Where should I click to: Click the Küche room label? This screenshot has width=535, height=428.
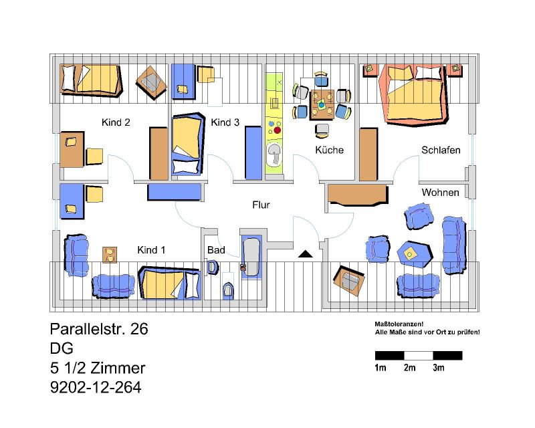pos(329,150)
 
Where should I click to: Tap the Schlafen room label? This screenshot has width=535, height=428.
pos(441,150)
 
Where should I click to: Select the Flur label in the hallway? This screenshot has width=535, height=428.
pos(261,205)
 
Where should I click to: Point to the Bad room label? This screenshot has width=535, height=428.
pos(216,250)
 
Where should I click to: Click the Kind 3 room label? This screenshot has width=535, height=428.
pos(225,122)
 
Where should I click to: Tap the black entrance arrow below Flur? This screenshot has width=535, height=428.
pos(306,253)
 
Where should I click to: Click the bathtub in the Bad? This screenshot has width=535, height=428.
pos(252,257)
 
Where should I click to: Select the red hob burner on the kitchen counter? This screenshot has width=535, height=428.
pos(278,130)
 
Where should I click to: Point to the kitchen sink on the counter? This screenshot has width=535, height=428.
pos(274,154)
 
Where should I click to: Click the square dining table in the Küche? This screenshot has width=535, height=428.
pos(322,105)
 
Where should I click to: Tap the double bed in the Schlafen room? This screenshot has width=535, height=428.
pos(415,94)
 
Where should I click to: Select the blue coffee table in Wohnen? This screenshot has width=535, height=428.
pos(414,254)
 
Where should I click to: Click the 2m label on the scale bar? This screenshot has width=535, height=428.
pos(409,368)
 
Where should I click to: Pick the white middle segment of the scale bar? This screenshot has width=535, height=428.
pos(419,356)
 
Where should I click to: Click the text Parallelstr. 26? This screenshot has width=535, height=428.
pos(99,329)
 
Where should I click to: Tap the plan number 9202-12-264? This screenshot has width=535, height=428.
pos(96,387)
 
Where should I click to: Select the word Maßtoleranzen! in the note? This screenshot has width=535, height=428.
pos(399,324)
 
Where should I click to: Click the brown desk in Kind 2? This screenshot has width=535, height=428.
pos(72,150)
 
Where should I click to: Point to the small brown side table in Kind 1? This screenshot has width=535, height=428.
pos(110,255)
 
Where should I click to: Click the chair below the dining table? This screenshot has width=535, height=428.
pos(322,130)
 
